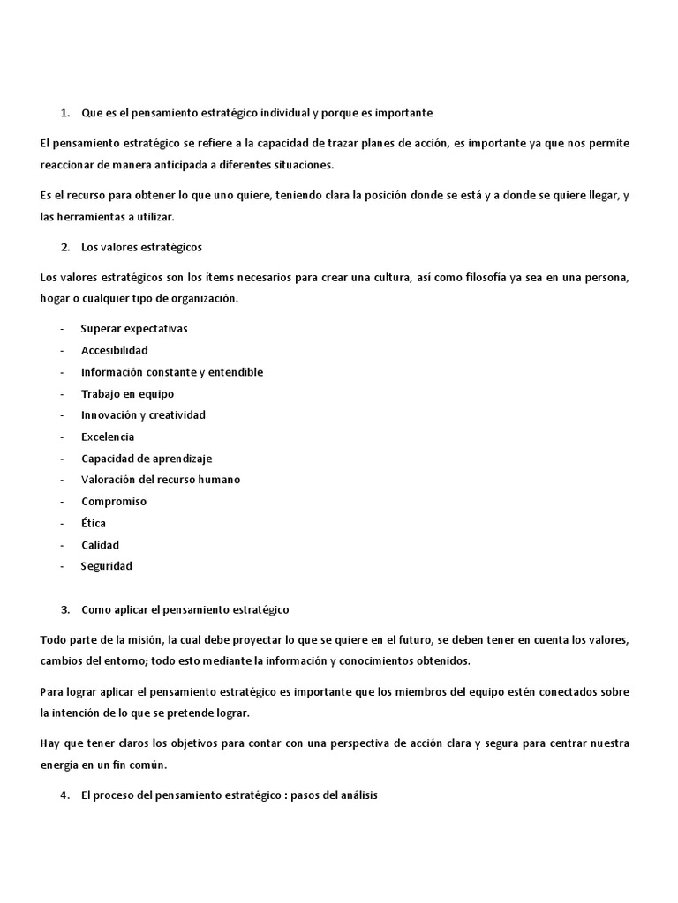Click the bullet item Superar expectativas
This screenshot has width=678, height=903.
[x=133, y=329]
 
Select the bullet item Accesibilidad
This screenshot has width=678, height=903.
[x=114, y=350]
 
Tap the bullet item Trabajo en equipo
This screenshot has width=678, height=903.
[x=127, y=393]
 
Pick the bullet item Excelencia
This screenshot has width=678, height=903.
[x=108, y=437]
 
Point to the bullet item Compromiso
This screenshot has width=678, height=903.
[x=114, y=502]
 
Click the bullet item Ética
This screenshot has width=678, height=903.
[x=94, y=523]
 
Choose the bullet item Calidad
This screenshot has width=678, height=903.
[x=100, y=545]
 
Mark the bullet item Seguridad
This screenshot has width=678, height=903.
[x=106, y=566]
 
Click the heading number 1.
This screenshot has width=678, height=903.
[x=64, y=114]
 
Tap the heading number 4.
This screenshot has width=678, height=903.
[x=64, y=795]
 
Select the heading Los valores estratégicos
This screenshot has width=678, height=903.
[x=142, y=247]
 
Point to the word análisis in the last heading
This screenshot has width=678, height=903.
[x=356, y=795]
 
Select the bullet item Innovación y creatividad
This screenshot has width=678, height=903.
[x=143, y=415]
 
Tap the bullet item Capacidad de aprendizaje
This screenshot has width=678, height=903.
[x=147, y=459]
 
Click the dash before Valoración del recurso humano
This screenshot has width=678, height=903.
[x=62, y=480]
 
